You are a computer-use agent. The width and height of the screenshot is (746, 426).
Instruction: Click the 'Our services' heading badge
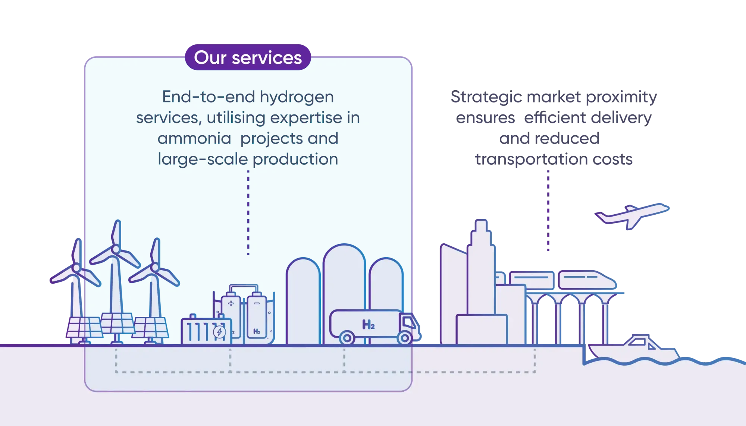click(248, 57)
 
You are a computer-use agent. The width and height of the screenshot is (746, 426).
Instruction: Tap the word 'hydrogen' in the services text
click(297, 97)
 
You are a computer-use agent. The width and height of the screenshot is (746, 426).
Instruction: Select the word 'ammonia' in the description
click(194, 139)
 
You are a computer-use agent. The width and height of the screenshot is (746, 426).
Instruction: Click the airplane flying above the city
click(632, 215)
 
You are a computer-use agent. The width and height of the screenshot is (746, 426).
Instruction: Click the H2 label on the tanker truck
click(368, 325)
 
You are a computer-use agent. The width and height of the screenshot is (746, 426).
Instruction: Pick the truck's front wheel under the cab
click(404, 338)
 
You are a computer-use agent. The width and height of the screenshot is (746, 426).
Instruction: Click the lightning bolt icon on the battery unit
click(219, 332)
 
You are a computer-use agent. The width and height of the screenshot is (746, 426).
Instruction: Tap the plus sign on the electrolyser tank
click(231, 303)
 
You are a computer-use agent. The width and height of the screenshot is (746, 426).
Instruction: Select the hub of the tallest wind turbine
click(116, 249)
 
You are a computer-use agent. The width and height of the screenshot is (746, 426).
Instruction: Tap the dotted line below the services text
click(248, 212)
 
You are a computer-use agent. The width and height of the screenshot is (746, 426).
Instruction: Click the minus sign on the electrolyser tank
click(257, 303)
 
